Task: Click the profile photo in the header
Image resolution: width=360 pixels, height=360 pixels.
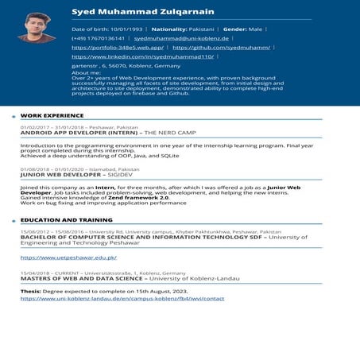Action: click(37, 29)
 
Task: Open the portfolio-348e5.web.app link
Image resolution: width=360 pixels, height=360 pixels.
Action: click(118, 48)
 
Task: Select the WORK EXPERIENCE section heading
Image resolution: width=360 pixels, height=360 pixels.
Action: click(52, 115)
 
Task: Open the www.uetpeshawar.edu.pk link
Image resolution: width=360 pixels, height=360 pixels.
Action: click(68, 257)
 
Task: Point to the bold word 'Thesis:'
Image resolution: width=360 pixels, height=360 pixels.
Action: click(31, 292)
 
